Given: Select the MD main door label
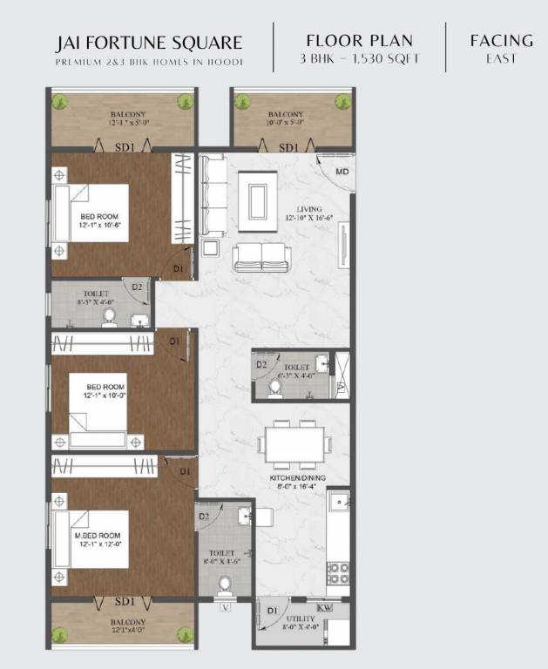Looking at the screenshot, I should tap(342, 172).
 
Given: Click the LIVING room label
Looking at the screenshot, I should tap(308, 209).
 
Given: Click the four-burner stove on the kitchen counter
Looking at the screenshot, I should tap(338, 572).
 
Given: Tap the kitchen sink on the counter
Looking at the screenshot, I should tap(338, 501).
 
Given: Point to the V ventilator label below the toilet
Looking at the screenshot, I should tap(226, 607).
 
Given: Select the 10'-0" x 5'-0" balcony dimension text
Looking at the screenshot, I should tap(287, 124).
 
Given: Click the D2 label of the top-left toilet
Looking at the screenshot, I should tap(137, 286).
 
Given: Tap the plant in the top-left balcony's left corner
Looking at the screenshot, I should tap(59, 101).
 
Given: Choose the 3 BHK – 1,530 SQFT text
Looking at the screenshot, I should tap(359, 59).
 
